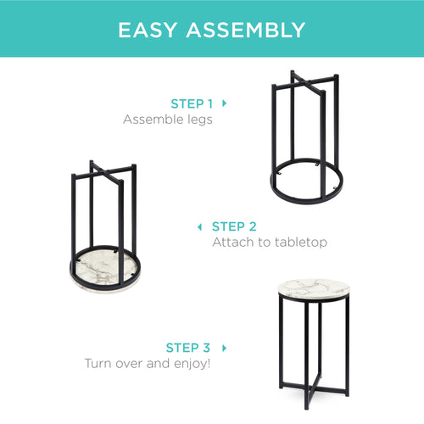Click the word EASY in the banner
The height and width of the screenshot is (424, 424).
coord(148,30)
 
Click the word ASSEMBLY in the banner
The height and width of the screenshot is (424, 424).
coord(246,30)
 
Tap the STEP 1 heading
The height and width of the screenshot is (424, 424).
coord(192,104)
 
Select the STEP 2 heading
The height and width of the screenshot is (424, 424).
coord(234,226)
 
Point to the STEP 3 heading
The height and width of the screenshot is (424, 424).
coord(188,348)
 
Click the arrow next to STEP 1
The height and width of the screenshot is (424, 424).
coord(225,103)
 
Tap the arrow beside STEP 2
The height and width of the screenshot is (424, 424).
coord(199,226)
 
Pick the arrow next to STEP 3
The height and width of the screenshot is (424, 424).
coord(225,348)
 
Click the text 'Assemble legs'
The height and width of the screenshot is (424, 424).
coord(168,120)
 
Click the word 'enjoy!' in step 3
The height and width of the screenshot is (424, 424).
coord(192,364)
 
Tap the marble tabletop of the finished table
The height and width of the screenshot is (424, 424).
coord(314,289)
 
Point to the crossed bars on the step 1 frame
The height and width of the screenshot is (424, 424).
coord(307,82)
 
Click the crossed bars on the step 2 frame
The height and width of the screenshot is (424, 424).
coord(106,172)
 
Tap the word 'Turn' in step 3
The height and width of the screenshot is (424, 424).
coord(98,364)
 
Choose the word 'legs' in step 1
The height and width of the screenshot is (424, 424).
coord(200,120)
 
